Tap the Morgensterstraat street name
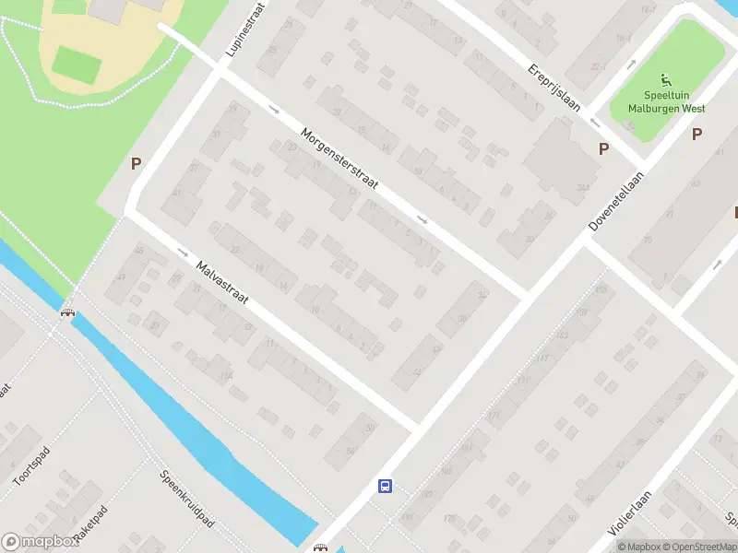tap(340, 160)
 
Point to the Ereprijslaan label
tap(554, 87)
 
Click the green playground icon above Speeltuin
tap(666, 79)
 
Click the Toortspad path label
tap(30, 466)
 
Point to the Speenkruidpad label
tap(186, 500)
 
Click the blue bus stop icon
tap(385, 486)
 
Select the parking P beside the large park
tap(136, 164)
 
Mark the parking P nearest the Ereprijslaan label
tap(604, 148)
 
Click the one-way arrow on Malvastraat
tap(182, 253)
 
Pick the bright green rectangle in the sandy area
tap(76, 63)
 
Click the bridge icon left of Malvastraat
tap(67, 312)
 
